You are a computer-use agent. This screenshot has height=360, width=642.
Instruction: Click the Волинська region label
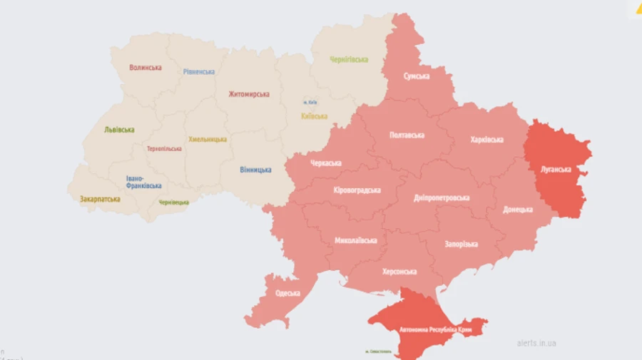145,68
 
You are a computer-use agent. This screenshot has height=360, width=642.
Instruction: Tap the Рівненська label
198,72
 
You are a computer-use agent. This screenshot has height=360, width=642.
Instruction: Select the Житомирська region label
249,94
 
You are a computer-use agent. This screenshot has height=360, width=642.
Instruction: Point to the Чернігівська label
349,60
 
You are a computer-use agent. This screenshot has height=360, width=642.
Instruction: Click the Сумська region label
416,76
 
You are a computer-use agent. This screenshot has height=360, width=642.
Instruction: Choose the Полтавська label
407,135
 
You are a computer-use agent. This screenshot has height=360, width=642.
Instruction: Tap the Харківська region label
486,140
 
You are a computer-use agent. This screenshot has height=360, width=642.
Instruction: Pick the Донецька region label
517,210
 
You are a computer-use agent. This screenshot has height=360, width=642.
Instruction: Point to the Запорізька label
460,245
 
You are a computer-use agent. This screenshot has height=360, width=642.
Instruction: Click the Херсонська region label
399,272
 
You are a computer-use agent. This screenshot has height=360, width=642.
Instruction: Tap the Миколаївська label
356,240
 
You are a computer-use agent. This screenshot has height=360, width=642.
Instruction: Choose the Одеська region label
287,293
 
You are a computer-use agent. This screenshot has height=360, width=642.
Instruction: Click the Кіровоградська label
357,190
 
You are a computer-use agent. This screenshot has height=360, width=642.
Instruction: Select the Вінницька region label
255,170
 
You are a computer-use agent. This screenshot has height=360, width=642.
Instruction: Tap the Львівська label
119,130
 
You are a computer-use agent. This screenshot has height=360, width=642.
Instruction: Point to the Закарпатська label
100,200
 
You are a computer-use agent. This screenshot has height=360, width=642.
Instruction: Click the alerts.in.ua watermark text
536,343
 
